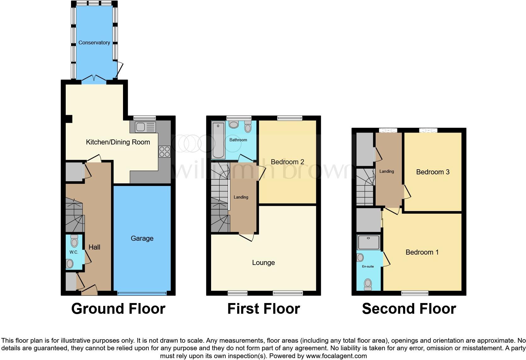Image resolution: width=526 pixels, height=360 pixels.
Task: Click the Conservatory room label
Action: (94, 42)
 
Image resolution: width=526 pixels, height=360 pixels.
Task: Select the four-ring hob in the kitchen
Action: (165, 151)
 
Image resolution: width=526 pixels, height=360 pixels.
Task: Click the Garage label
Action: (142, 239)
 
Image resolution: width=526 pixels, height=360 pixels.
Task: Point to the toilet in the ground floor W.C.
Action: (74, 241)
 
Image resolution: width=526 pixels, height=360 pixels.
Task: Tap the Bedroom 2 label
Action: (287, 162)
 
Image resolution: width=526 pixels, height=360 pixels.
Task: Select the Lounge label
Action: (263, 262)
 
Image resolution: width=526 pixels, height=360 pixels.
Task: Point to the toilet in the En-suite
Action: (367, 284)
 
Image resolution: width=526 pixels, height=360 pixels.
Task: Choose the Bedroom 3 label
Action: (433, 172)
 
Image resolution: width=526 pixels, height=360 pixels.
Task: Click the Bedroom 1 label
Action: (422, 252)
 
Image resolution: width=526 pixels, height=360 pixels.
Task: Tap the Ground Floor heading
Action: (118, 309)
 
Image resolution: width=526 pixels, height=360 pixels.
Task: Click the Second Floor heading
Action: (409, 309)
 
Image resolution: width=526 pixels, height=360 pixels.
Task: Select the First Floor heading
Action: (263, 309)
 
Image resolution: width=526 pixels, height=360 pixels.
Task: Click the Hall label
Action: (94, 247)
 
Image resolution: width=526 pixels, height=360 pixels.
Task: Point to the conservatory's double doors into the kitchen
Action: (94, 78)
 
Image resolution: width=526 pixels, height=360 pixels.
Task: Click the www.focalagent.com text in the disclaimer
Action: (336, 356)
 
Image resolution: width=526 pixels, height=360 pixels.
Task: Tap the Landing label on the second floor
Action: (386, 171)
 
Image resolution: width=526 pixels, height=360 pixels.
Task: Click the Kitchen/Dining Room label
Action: (118, 142)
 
